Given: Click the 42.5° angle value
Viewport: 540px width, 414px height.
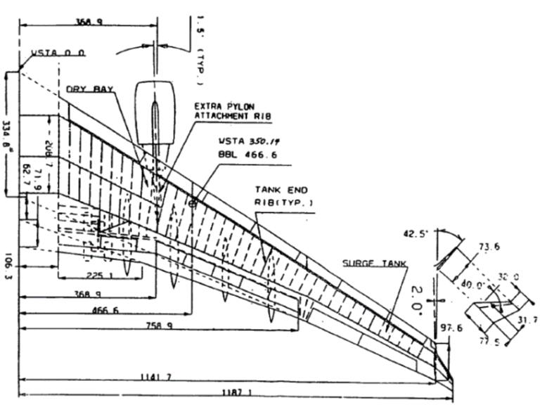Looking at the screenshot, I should [415, 235].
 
